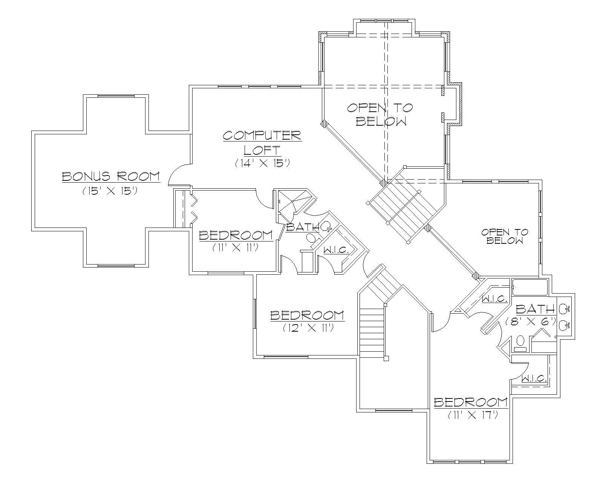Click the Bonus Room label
[110, 176]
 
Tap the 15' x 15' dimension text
[109, 191]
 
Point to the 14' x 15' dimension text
[262, 163]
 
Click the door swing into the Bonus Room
[179, 175]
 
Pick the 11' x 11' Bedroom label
[236, 235]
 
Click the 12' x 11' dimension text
[308, 328]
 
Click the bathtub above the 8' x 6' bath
[530, 287]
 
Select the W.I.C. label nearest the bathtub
[495, 299]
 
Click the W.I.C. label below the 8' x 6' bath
[534, 378]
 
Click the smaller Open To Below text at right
[505, 236]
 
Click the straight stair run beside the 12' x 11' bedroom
[372, 332]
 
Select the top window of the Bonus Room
[116, 96]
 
